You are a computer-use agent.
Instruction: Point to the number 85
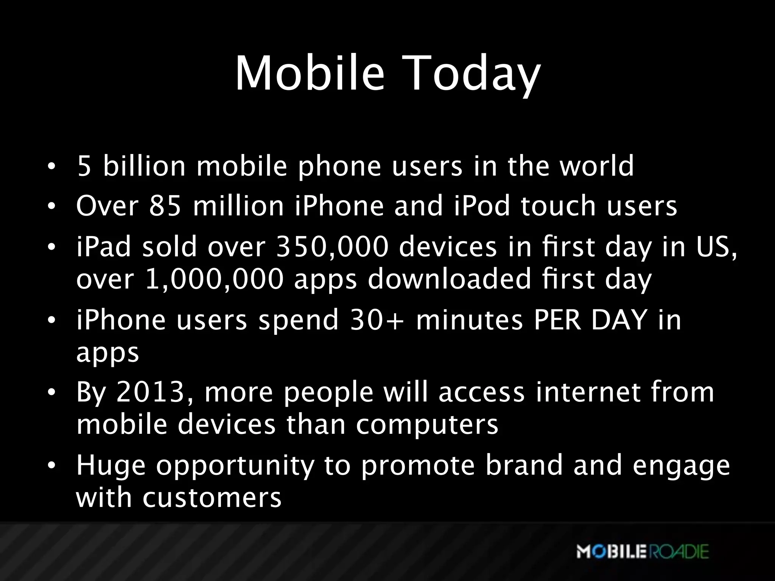pyautogui.click(x=165, y=206)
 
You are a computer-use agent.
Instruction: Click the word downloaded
pyautogui.click(x=450, y=280)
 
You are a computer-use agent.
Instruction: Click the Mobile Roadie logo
pyautogui.click(x=642, y=551)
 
